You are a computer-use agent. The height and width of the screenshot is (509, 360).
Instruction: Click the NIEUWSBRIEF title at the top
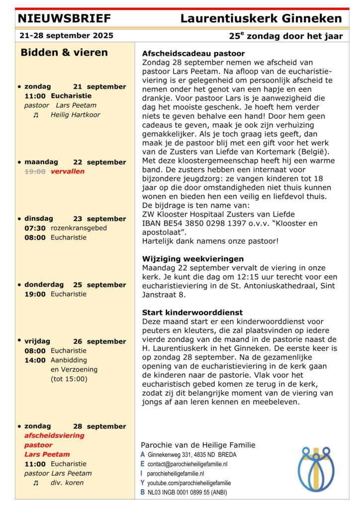[x=64, y=19]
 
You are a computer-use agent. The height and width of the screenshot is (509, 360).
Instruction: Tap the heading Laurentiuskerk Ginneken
[x=261, y=19]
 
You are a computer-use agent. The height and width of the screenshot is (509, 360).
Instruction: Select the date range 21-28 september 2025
[x=66, y=36]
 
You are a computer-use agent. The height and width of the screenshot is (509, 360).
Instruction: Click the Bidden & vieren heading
[x=64, y=53]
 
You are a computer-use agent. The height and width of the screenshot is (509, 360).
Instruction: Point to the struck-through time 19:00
[x=35, y=171]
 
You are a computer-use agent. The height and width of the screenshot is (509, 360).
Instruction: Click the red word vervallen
[x=68, y=171]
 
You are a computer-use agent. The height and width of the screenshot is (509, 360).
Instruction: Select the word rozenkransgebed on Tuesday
[x=79, y=228]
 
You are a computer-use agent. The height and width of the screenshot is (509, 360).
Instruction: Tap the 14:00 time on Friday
[x=35, y=360]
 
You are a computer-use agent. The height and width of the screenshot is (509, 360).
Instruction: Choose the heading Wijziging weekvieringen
[x=193, y=258]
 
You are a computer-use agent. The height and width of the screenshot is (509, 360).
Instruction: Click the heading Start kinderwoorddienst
[x=192, y=313]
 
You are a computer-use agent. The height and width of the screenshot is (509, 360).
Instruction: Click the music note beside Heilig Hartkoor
[x=35, y=115]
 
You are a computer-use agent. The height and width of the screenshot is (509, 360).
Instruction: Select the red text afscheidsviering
[x=54, y=435]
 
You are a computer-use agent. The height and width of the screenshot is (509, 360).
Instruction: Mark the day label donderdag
[x=44, y=285]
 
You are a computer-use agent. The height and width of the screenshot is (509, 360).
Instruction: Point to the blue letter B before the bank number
[x=143, y=492]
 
